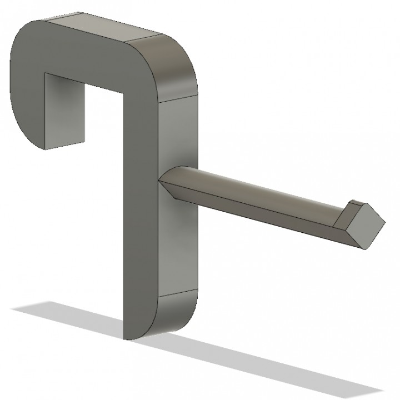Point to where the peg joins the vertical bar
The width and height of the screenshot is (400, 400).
coord(163,181)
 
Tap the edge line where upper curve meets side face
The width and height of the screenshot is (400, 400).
coord(178,100)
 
